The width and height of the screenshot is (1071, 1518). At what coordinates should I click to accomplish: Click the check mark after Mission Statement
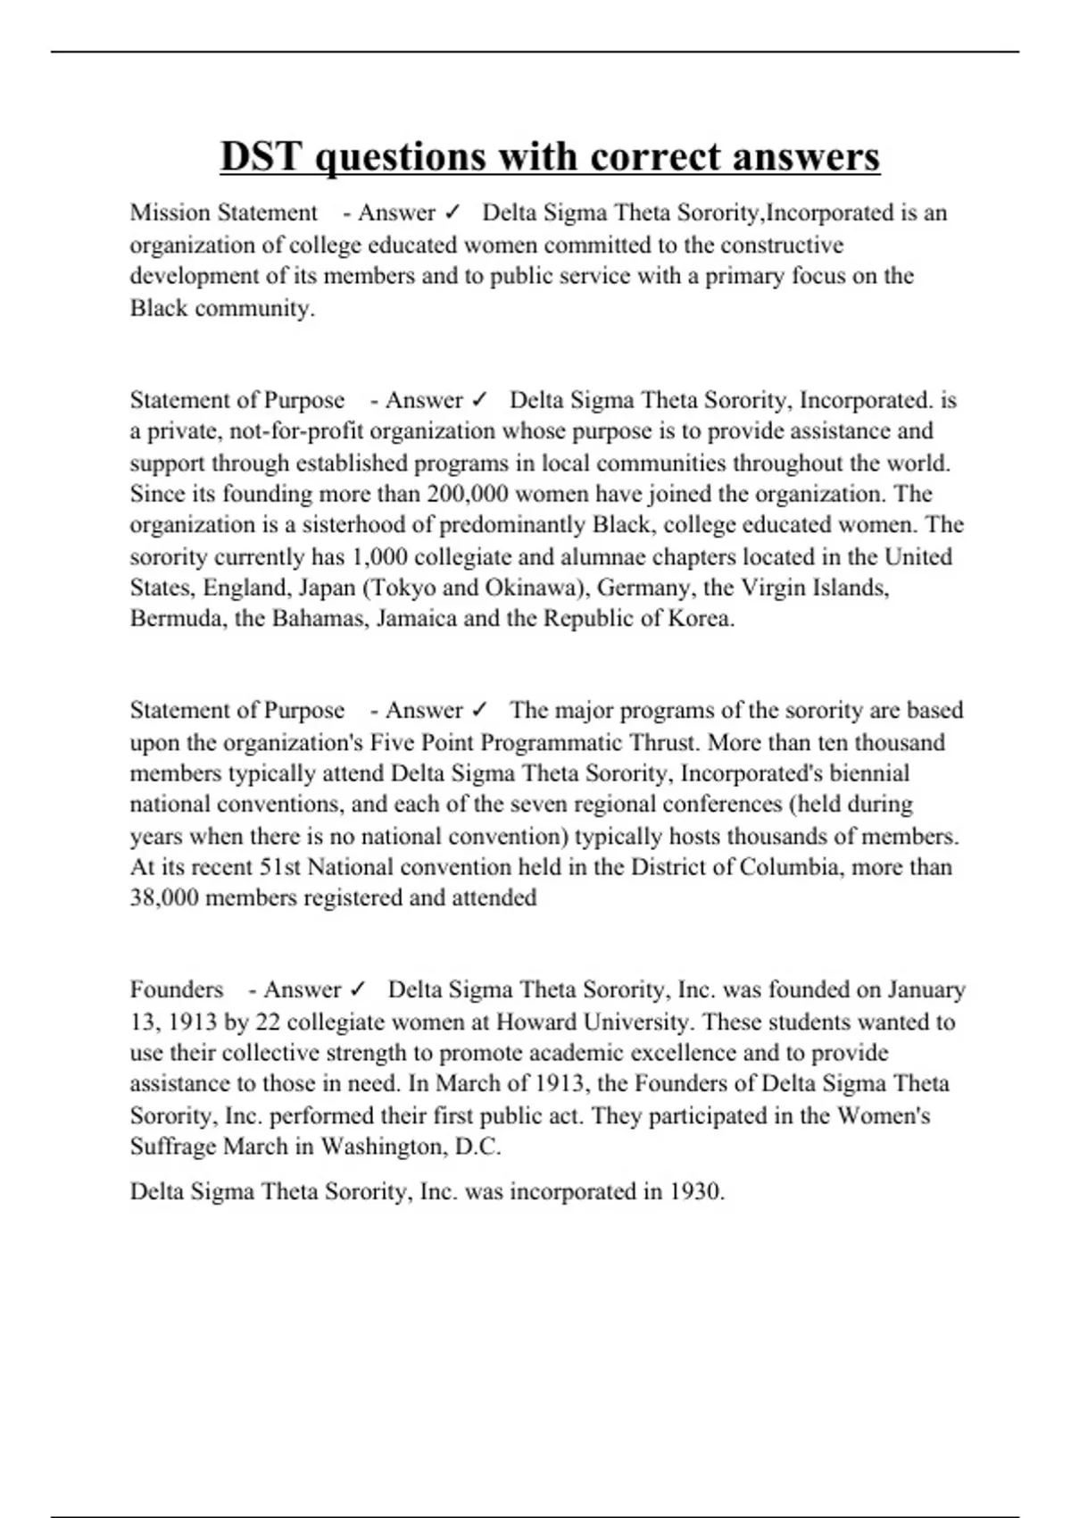click(452, 213)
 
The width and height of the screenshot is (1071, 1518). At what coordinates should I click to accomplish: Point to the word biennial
click(868, 773)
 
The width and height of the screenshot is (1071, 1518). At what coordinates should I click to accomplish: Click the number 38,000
click(164, 897)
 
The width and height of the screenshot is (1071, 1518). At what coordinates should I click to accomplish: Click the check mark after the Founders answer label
click(358, 989)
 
